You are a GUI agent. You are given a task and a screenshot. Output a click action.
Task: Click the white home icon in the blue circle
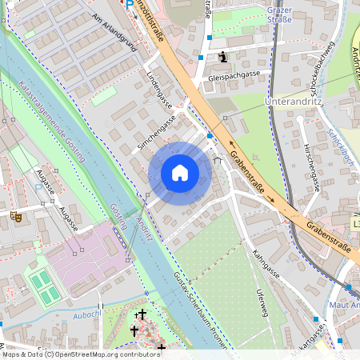pos(180,172)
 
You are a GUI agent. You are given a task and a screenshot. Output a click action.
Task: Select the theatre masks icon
pos(15,216)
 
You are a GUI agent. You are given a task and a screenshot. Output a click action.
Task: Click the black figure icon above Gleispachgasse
pos(223,57)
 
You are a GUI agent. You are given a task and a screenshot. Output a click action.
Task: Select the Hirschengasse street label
pos(311,168)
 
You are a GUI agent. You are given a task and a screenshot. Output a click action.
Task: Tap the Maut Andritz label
pos(346,304)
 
